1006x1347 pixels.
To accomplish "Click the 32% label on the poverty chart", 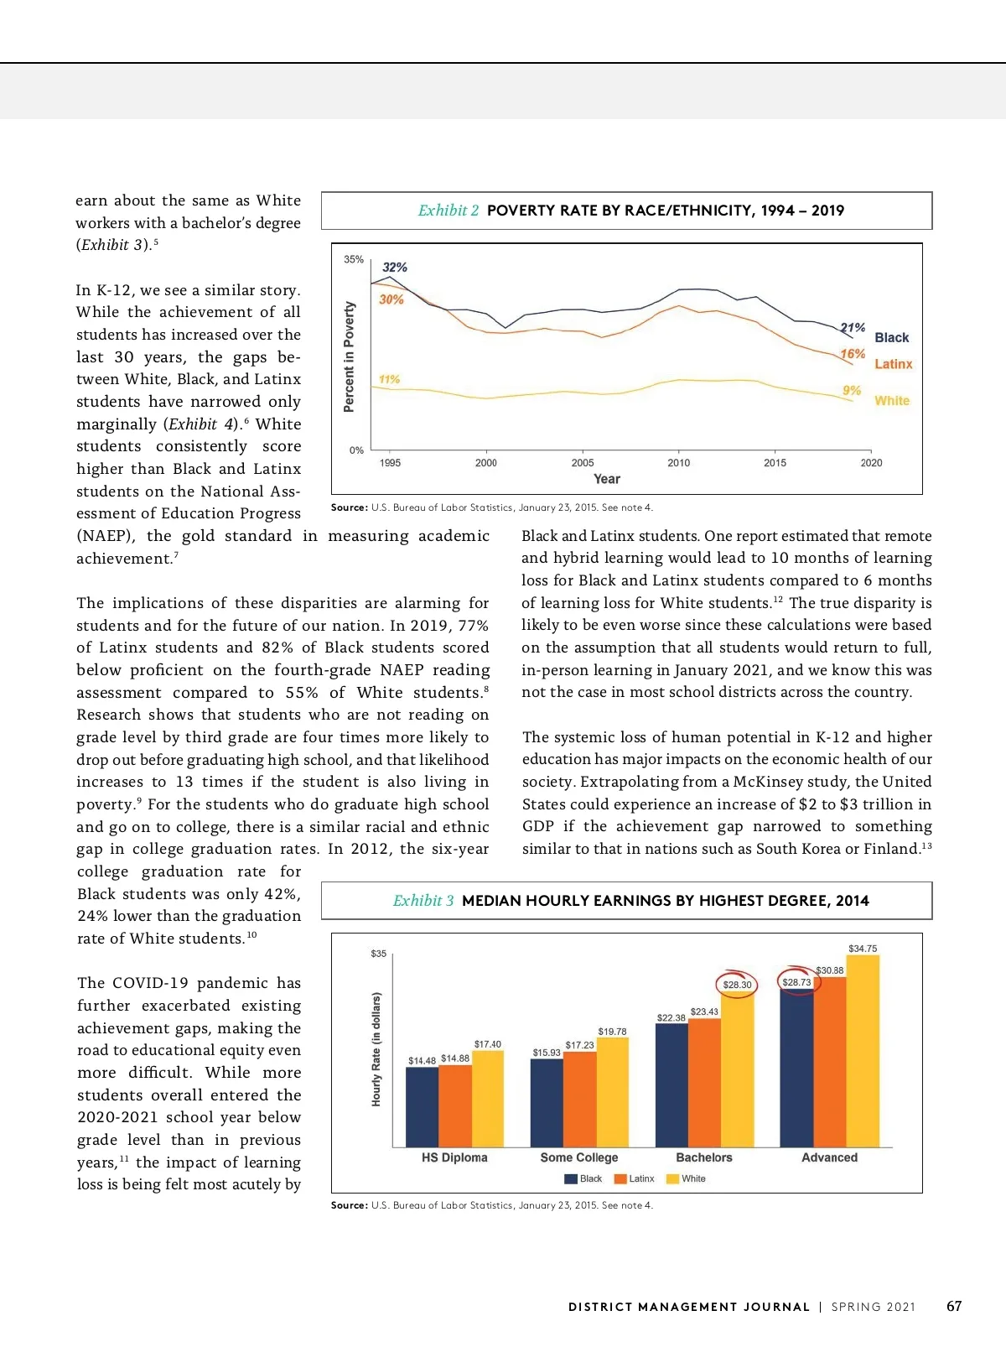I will coord(395,268).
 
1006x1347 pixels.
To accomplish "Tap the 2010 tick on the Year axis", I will coord(678,463).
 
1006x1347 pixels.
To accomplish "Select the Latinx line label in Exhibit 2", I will coord(893,364).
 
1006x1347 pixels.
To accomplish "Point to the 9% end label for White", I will coord(852,391).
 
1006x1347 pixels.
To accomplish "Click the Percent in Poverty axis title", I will coord(350,356).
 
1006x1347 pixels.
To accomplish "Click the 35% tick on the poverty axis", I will coord(354,260).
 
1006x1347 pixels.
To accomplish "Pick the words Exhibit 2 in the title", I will coord(449,211).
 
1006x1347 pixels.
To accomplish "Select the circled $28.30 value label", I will coord(737,985).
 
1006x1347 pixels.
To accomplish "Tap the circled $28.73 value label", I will coord(796,982).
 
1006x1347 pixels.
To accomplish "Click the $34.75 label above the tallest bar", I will coord(863,949).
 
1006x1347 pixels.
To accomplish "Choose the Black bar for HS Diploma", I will coord(422,1107).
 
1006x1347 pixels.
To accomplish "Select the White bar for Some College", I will coord(613,1092).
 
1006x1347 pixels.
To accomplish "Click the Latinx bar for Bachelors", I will coord(704,1082).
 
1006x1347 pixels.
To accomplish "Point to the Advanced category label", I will coord(829,1157).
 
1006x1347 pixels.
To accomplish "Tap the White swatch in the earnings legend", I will coord(672,1179).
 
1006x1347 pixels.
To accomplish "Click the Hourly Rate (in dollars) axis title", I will coord(376,1049).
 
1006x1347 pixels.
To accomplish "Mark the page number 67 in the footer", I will coord(954,1306).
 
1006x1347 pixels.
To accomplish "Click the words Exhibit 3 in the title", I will coord(423,901).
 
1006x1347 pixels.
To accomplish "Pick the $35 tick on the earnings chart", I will coord(379,954).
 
